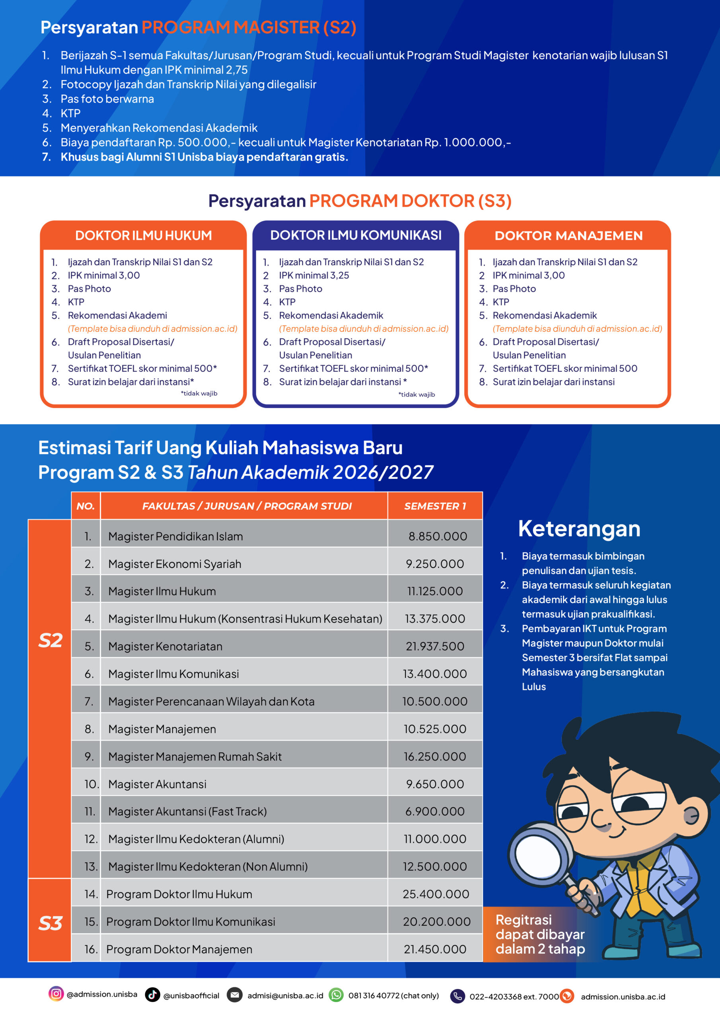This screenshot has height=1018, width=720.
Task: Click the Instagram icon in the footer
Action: [x=56, y=994]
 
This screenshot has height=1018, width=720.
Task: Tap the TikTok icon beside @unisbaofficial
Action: [x=153, y=995]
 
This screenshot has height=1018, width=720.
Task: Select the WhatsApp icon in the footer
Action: [x=336, y=995]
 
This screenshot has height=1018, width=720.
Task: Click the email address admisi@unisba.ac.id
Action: [x=285, y=995]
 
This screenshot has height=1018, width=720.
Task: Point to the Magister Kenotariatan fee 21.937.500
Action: [x=435, y=646]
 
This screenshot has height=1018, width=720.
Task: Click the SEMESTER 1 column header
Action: [x=435, y=506]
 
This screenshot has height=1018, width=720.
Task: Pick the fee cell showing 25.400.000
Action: [x=436, y=894]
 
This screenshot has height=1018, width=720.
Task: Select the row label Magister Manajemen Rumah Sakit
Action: [x=195, y=756]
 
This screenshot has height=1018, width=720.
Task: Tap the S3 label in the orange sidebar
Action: [x=50, y=923]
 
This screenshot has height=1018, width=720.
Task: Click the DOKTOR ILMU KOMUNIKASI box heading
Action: [x=356, y=235]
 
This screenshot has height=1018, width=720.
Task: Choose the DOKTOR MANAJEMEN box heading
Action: [x=568, y=236]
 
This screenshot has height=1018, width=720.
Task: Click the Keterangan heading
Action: [x=579, y=529]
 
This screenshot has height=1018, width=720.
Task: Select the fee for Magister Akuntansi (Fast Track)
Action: [x=435, y=811]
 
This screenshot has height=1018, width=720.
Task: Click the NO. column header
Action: [x=86, y=506]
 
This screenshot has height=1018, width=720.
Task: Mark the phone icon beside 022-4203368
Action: [x=457, y=996]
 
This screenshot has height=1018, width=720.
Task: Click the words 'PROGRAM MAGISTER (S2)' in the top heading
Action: [x=249, y=27]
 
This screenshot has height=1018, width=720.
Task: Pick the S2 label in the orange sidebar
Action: [x=50, y=640]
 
